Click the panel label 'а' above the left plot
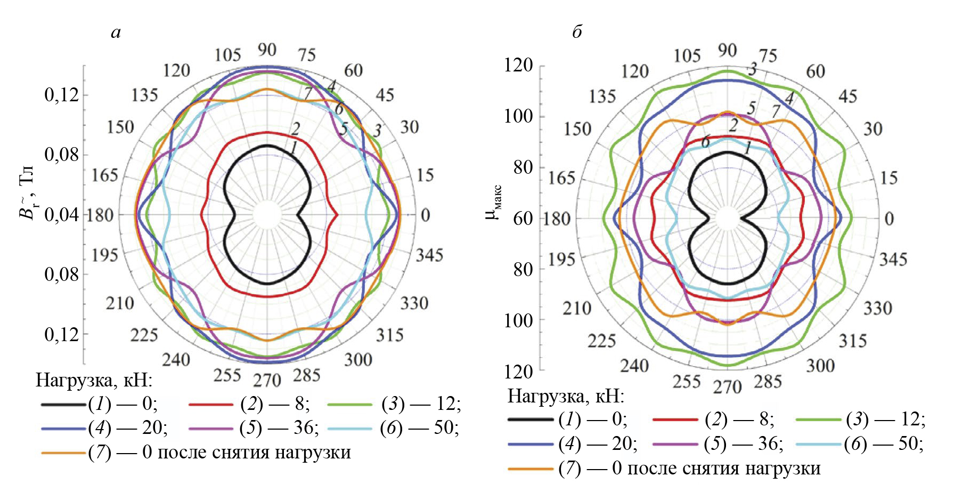click(116, 33)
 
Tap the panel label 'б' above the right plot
click(577, 32)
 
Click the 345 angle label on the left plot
click(429, 255)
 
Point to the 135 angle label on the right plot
click(602, 96)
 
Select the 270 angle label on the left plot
click(267, 380)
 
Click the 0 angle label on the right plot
click(889, 219)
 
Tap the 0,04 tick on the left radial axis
click(61, 215)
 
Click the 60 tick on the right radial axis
click(522, 219)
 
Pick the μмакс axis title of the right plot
click(494, 203)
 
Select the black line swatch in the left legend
click(63, 405)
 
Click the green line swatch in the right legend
click(818, 420)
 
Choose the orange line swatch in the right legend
click(531, 469)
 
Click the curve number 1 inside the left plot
click(293, 149)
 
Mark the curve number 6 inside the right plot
click(705, 142)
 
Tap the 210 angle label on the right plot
click(577, 308)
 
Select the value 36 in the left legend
click(304, 428)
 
